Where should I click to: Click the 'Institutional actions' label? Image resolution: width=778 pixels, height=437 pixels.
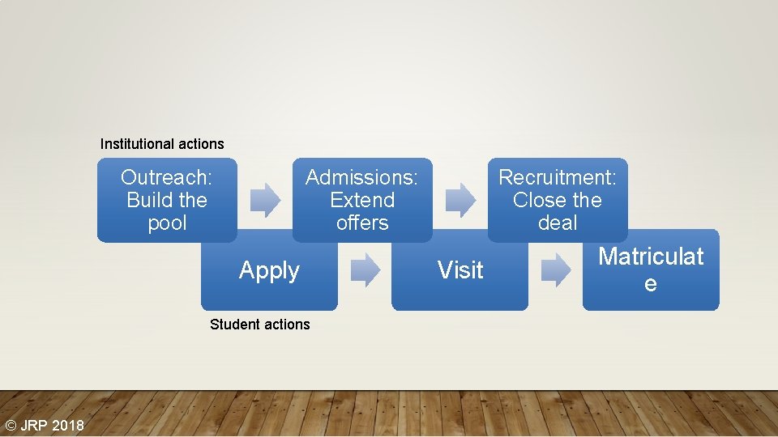point(162,144)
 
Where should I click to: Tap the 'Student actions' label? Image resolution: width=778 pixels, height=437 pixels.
point(259,325)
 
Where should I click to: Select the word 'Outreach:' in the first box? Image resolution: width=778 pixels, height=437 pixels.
point(166,177)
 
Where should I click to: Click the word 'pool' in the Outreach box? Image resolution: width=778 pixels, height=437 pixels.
point(167,223)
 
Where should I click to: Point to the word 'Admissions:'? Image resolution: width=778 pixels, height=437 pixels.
point(361,177)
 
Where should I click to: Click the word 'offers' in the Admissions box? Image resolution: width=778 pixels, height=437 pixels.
point(362,223)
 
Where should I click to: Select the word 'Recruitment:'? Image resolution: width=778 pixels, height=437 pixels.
point(558,177)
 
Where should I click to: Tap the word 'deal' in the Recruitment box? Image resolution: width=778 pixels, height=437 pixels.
point(558,223)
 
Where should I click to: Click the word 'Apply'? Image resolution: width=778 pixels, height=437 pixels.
point(269,270)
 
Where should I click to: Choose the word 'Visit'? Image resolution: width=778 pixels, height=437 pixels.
point(460,270)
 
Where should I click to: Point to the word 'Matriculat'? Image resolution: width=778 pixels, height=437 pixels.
point(651,257)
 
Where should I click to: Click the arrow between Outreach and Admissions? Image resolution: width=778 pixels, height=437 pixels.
point(265,200)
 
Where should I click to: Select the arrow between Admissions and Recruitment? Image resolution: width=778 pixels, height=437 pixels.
point(461,200)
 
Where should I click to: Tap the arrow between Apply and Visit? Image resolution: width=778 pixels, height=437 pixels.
point(365,270)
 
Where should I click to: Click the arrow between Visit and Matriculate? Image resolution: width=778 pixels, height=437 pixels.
point(556,270)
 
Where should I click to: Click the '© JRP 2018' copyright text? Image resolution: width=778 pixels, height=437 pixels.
point(44,426)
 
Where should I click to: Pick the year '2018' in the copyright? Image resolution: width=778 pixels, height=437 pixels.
point(68,426)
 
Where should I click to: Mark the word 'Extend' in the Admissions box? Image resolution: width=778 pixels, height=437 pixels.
point(362,200)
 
